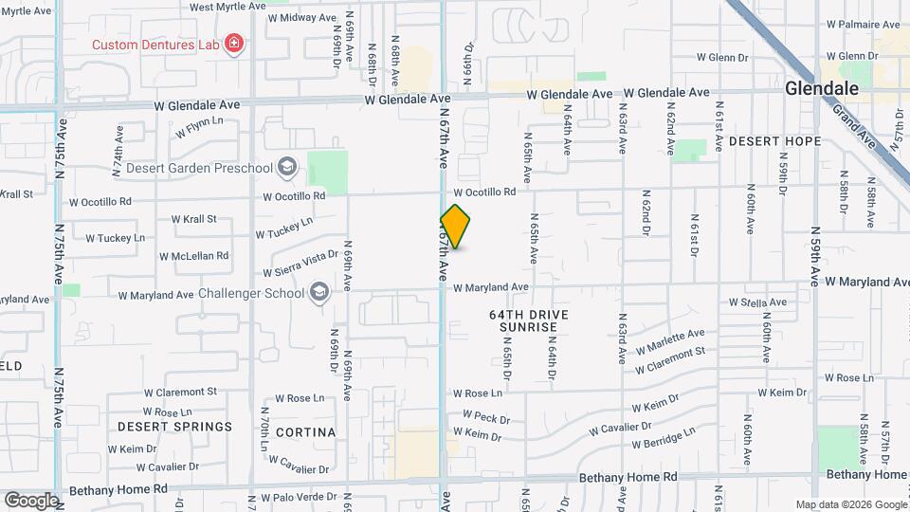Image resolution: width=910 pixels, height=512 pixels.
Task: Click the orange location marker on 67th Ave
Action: click(455, 226)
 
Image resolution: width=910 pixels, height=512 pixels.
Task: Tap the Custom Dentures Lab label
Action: click(155, 45)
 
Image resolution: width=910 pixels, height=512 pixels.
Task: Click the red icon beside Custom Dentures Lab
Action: click(233, 44)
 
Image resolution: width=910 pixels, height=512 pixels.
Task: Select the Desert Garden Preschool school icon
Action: click(287, 169)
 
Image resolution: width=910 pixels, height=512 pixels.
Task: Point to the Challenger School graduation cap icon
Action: click(319, 292)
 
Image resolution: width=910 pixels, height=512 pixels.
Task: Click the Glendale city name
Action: click(822, 88)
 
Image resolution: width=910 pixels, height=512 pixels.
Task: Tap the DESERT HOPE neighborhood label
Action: click(774, 141)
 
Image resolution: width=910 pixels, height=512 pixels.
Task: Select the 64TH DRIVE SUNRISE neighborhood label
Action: click(523, 320)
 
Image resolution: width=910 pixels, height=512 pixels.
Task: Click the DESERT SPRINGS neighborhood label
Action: click(174, 427)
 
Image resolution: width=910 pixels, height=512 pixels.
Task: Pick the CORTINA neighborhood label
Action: click(305, 432)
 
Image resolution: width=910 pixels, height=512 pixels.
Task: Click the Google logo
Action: click(31, 500)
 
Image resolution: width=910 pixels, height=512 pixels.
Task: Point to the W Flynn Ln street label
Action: click(199, 125)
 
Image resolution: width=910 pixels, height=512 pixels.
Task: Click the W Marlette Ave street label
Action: click(670, 339)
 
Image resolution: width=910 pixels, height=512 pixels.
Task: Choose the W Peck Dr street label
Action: click(485, 416)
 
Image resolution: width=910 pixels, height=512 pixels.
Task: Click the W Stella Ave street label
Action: click(756, 302)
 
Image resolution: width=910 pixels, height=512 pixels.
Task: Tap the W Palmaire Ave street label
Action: click(863, 24)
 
